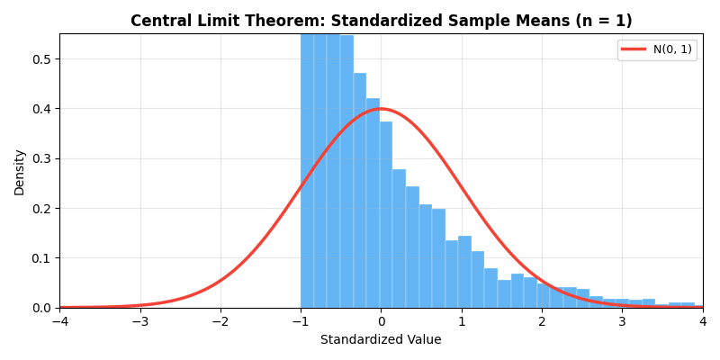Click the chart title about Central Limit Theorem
pyautogui.click(x=381, y=21)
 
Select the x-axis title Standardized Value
pyautogui.click(x=381, y=340)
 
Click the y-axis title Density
pyautogui.click(x=19, y=172)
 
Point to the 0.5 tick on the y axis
pyautogui.click(x=42, y=59)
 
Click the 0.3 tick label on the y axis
pyautogui.click(x=42, y=158)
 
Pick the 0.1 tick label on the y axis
pyautogui.click(x=42, y=258)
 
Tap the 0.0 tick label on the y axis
pyautogui.click(x=42, y=308)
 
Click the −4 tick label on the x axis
pyautogui.click(x=59, y=322)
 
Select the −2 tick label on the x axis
pyautogui.click(x=220, y=322)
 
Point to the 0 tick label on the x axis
pyautogui.click(x=381, y=322)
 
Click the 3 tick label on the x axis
pyautogui.click(x=622, y=322)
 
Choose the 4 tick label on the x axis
pyautogui.click(x=703, y=322)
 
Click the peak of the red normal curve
pyautogui.click(x=381, y=109)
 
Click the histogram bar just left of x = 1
pyautogui.click(x=452, y=274)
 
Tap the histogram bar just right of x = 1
pyautogui.click(x=464, y=272)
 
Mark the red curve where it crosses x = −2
pyautogui.click(x=220, y=281)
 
